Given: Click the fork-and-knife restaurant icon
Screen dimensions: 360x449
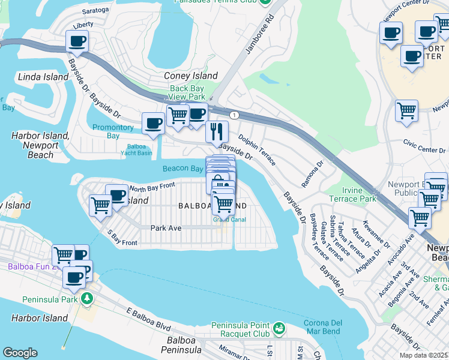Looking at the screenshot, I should pos(217,131).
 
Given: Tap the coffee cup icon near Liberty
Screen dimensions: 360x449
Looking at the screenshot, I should pos(77,41).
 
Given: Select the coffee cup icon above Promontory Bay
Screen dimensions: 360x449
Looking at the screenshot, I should pos(153,124).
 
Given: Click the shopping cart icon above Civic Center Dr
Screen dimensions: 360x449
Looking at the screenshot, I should pos(406,110).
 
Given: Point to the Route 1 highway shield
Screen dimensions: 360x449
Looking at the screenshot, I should pos(234,115).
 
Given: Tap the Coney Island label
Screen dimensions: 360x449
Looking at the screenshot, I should pos(191,76).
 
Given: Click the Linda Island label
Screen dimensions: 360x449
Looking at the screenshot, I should pos(39,77).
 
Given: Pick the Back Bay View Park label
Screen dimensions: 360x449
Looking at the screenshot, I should pos(187,92).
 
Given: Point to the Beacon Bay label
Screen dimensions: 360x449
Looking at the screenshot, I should pos(182,169).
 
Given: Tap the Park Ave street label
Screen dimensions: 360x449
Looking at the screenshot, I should pos(166,228).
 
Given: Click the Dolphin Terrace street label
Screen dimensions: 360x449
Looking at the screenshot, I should pos(257,148).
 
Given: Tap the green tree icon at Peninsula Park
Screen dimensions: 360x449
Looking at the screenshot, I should pos(88,298).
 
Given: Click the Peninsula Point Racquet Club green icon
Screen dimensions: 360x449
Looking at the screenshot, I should pos(279,328).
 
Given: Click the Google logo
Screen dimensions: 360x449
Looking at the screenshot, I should pos(20,353).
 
